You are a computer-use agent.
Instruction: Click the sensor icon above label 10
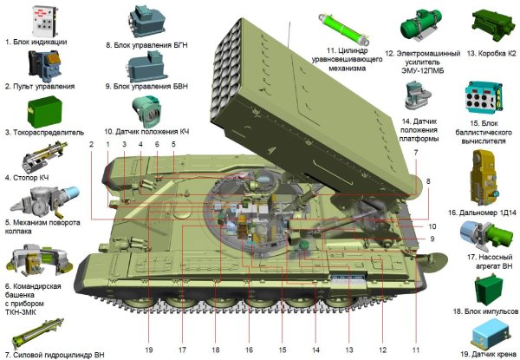click(x=147, y=109)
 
